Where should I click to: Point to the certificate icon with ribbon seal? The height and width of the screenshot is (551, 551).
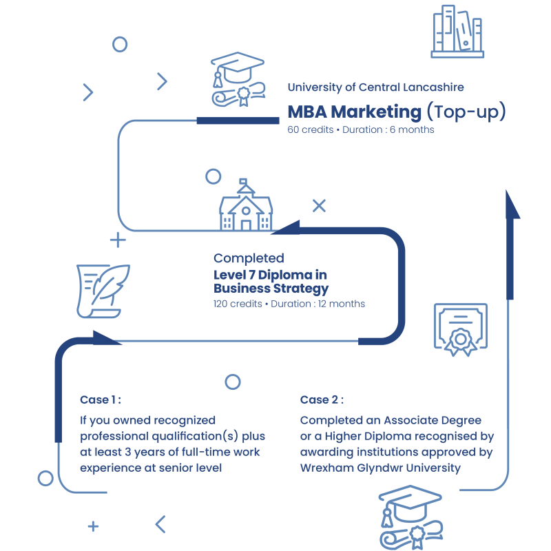[x=459, y=330]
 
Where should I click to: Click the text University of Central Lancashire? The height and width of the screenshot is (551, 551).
[x=375, y=87]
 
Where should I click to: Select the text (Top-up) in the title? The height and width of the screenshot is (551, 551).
[x=466, y=112]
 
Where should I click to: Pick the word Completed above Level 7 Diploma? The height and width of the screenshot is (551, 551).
[x=249, y=258]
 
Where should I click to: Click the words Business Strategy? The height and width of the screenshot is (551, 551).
[x=271, y=289]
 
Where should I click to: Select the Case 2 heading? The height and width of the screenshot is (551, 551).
[x=322, y=400]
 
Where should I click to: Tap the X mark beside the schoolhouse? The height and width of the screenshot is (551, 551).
[x=319, y=205]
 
